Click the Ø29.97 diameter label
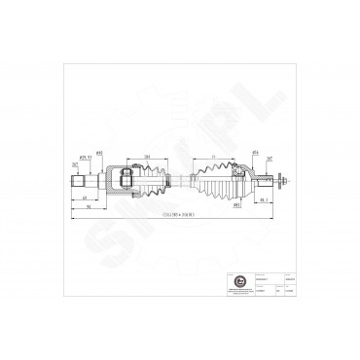click(x=84, y=155)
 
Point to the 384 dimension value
click(x=146, y=156)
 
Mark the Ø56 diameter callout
click(x=254, y=153)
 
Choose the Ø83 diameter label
click(x=236, y=205)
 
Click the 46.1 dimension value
click(x=265, y=201)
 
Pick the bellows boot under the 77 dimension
click(x=215, y=179)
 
